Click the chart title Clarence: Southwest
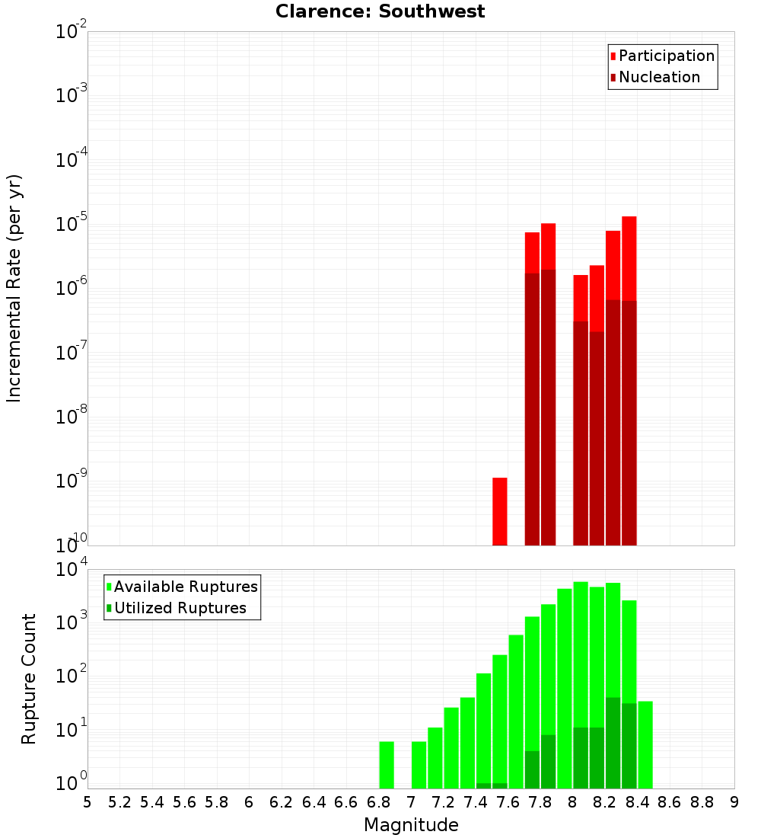(x=380, y=11)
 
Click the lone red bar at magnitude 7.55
(x=500, y=511)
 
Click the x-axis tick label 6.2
(x=282, y=802)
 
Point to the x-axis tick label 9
(x=734, y=802)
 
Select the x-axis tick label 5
(x=88, y=802)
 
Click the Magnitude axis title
(x=411, y=825)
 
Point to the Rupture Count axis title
(x=29, y=678)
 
